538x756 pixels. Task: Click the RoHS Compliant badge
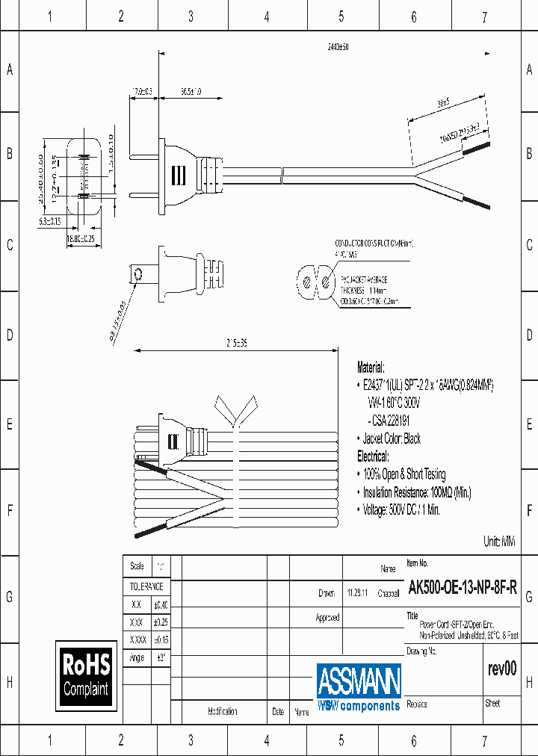[x=86, y=675]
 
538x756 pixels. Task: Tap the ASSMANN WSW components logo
[x=359, y=687]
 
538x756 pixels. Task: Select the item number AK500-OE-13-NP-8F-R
[x=461, y=587]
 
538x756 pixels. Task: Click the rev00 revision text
[x=501, y=669]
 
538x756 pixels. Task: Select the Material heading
[x=371, y=368]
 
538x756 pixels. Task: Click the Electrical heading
[x=373, y=456]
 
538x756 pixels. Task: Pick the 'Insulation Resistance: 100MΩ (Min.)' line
[x=417, y=492]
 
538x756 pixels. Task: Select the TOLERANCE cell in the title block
[x=146, y=587]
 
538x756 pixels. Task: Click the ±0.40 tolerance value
[x=161, y=604]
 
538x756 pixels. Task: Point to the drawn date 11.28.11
[x=356, y=593]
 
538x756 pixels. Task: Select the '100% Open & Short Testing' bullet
[x=404, y=474]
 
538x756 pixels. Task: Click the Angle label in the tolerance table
[x=137, y=657]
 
